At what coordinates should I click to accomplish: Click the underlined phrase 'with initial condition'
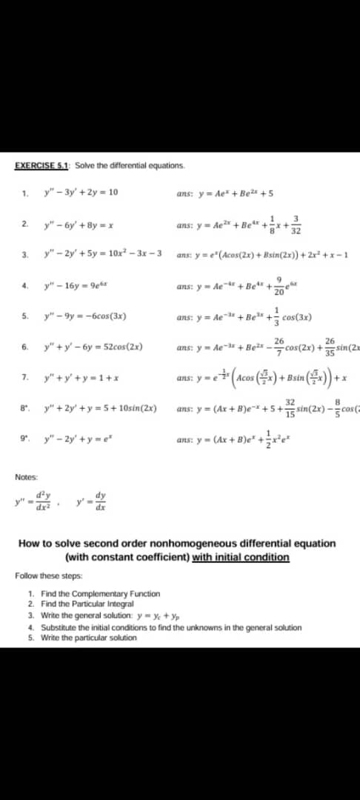pyautogui.click(x=240, y=556)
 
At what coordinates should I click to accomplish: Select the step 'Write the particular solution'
pyautogui.click(x=89, y=637)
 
